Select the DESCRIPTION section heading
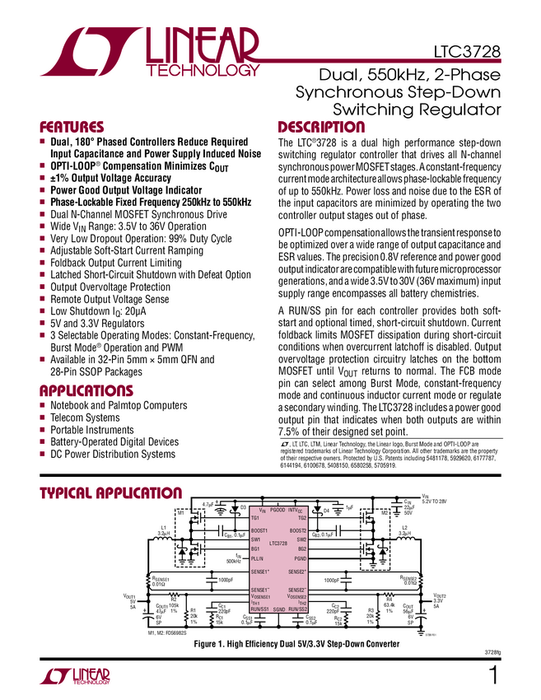[320, 128]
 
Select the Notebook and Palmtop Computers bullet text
[119, 405]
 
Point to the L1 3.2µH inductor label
[163, 530]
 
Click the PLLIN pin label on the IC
[258, 558]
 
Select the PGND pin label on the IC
[297, 558]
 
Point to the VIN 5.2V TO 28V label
[436, 499]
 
